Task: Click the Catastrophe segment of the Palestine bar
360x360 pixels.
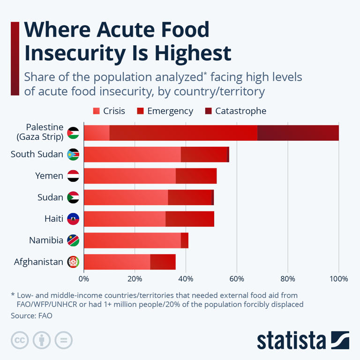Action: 298,133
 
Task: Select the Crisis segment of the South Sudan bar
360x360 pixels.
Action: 132,154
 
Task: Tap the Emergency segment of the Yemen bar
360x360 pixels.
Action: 196,176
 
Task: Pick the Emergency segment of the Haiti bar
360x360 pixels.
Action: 189,219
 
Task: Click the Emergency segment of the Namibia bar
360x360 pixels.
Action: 185,240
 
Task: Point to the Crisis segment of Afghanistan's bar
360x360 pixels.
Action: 117,262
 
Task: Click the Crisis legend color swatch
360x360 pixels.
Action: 97,111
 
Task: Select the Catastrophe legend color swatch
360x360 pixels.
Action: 209,111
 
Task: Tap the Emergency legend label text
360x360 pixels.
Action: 170,111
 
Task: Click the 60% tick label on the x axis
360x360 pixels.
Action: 237,279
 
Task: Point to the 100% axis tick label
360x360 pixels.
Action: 338,279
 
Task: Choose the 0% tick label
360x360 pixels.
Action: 84,279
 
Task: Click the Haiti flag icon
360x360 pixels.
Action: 73,219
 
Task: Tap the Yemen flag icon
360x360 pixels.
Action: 73,176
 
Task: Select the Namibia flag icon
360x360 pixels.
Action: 73,240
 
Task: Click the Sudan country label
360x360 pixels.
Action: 50,197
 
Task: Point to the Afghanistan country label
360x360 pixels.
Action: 38,262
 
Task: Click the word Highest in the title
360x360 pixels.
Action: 186,53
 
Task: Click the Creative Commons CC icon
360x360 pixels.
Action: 19,340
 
